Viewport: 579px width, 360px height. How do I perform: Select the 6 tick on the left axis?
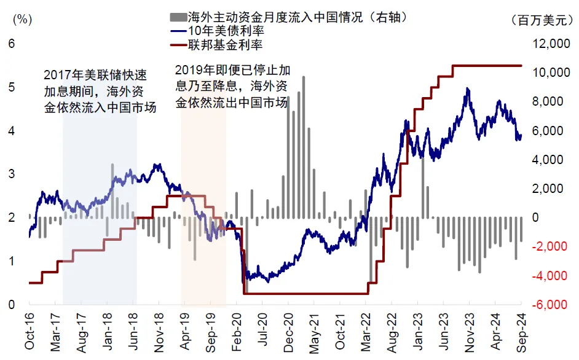click(x=10, y=44)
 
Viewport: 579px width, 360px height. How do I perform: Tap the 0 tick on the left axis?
click(x=10, y=305)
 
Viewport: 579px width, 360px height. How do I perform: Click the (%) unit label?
click(x=21, y=19)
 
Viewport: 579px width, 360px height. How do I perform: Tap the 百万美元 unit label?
click(x=542, y=20)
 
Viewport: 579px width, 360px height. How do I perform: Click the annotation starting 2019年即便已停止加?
click(x=232, y=87)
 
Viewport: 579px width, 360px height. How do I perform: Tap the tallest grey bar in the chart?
click(x=304, y=147)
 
